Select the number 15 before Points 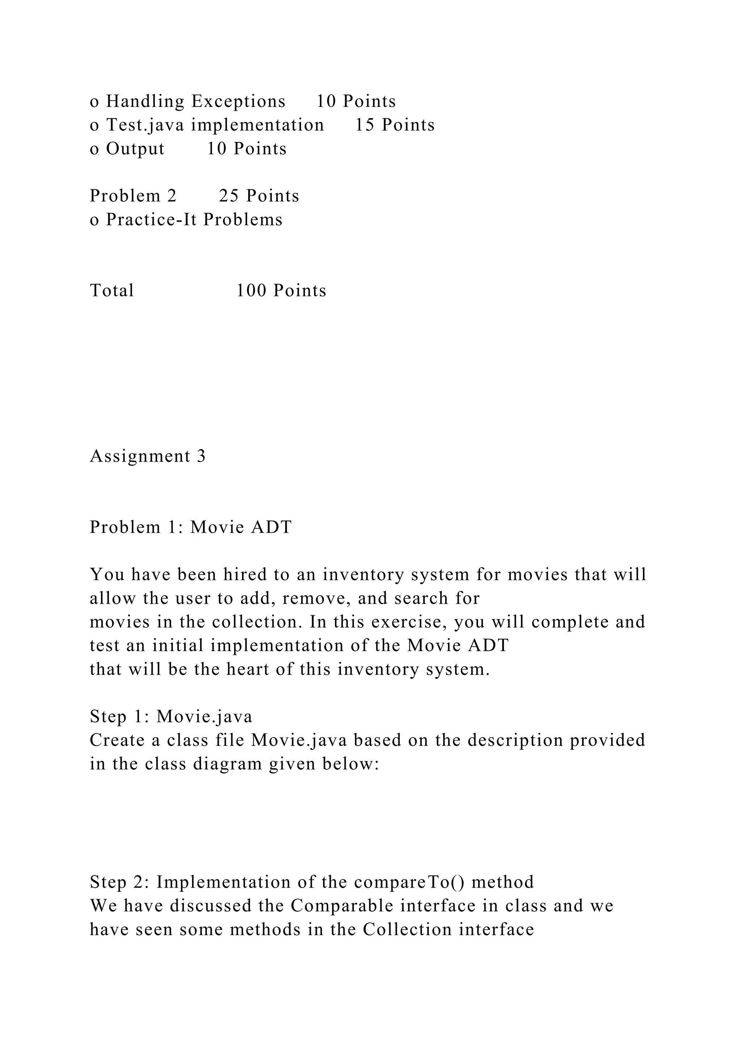point(365,125)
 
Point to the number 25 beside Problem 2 point(229,196)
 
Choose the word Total point(112,291)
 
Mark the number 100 point(251,291)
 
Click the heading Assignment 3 point(148,456)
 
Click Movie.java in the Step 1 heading point(204,717)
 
